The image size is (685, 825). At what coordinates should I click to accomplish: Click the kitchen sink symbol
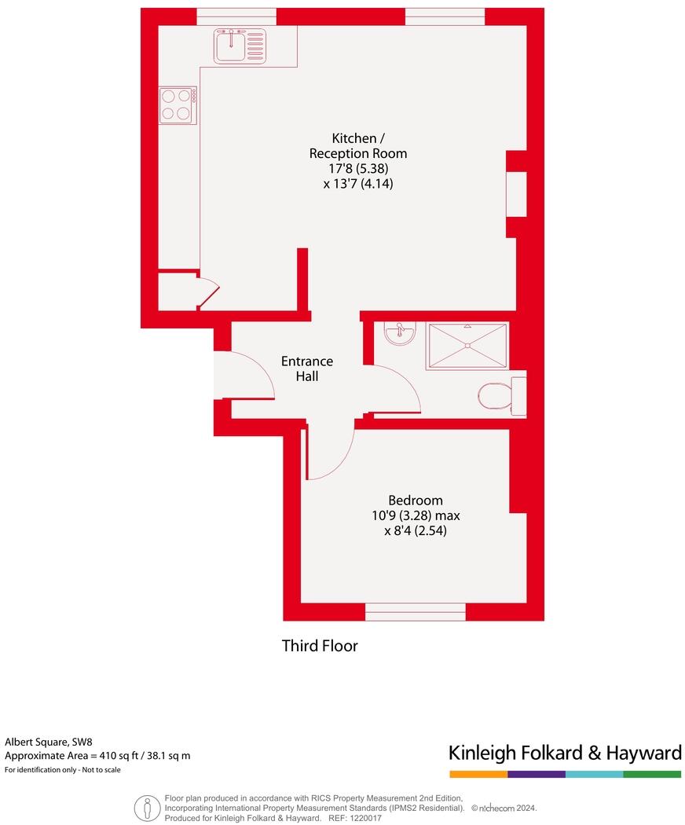[240, 45]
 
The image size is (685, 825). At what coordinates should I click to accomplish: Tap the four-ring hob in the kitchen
[178, 104]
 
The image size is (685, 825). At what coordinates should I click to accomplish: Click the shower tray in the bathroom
[467, 346]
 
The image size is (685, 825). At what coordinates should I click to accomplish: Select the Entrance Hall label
[307, 368]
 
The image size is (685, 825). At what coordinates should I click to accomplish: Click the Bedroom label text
[416, 500]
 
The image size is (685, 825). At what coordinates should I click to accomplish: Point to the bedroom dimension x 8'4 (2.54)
[416, 531]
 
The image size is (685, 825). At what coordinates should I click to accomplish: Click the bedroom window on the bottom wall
[416, 611]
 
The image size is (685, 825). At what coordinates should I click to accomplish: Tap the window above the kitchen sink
[236, 16]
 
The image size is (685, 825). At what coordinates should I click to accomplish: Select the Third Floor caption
[320, 646]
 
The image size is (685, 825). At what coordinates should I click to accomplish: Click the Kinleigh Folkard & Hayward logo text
[564, 753]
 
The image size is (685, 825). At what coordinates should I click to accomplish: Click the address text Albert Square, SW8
[49, 741]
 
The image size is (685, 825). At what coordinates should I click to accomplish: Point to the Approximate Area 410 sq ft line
[97, 756]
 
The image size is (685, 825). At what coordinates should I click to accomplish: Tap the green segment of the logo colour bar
[652, 775]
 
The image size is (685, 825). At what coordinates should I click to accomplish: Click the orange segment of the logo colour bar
[478, 775]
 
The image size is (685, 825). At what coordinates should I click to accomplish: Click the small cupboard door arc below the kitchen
[209, 291]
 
